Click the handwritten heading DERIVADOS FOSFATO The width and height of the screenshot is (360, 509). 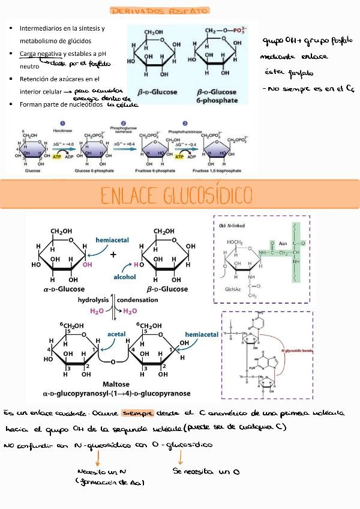pos(159,11)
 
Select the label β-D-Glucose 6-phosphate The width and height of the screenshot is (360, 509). pos(217,96)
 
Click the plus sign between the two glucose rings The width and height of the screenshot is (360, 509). pos(113,254)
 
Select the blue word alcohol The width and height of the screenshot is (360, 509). pos(125,277)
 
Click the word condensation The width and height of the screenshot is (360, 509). pos(138,300)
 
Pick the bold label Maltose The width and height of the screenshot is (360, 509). pos(116,385)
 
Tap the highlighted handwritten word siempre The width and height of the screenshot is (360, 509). pos(137,414)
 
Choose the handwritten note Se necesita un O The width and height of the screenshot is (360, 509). pos(206,472)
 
